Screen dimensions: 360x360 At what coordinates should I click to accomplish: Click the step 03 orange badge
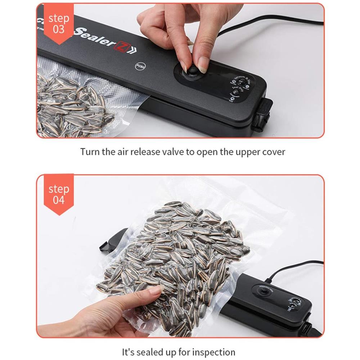[59, 23]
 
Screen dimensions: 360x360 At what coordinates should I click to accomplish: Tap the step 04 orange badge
[59, 194]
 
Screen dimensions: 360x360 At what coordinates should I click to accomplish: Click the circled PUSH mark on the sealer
[140, 66]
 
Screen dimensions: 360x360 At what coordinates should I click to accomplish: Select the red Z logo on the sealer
[120, 46]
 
